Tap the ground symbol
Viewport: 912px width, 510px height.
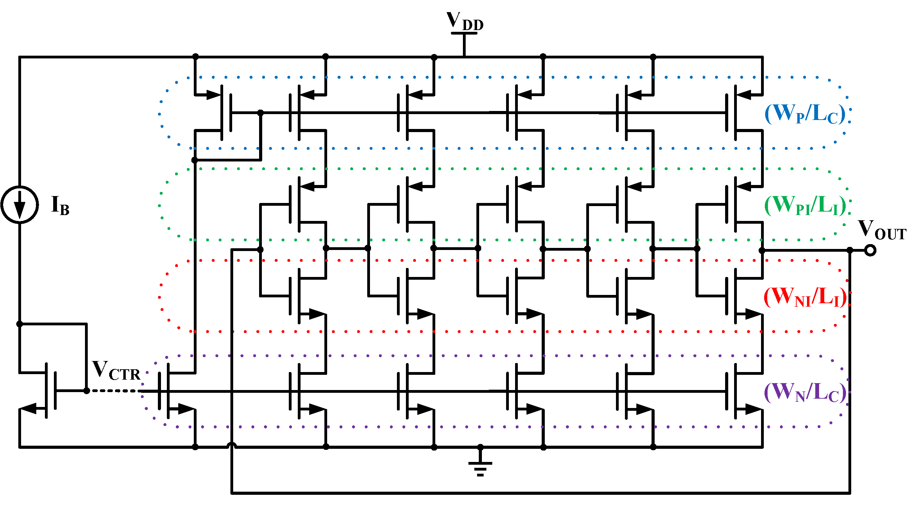(480, 468)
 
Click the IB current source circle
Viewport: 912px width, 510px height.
(19, 204)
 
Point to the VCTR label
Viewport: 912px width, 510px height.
(116, 371)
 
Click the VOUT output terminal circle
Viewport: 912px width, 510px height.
(870, 250)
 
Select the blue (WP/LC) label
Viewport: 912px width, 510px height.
(805, 114)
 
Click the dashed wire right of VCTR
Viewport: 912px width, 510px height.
(113, 391)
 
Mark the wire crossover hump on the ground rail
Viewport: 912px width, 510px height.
(231, 445)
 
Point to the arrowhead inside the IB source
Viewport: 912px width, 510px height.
(20, 209)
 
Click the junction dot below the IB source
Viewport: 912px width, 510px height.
(19, 324)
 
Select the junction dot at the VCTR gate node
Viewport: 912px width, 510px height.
(87, 391)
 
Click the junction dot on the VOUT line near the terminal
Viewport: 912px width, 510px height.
(850, 250)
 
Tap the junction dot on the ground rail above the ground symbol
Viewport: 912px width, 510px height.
(480, 447)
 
